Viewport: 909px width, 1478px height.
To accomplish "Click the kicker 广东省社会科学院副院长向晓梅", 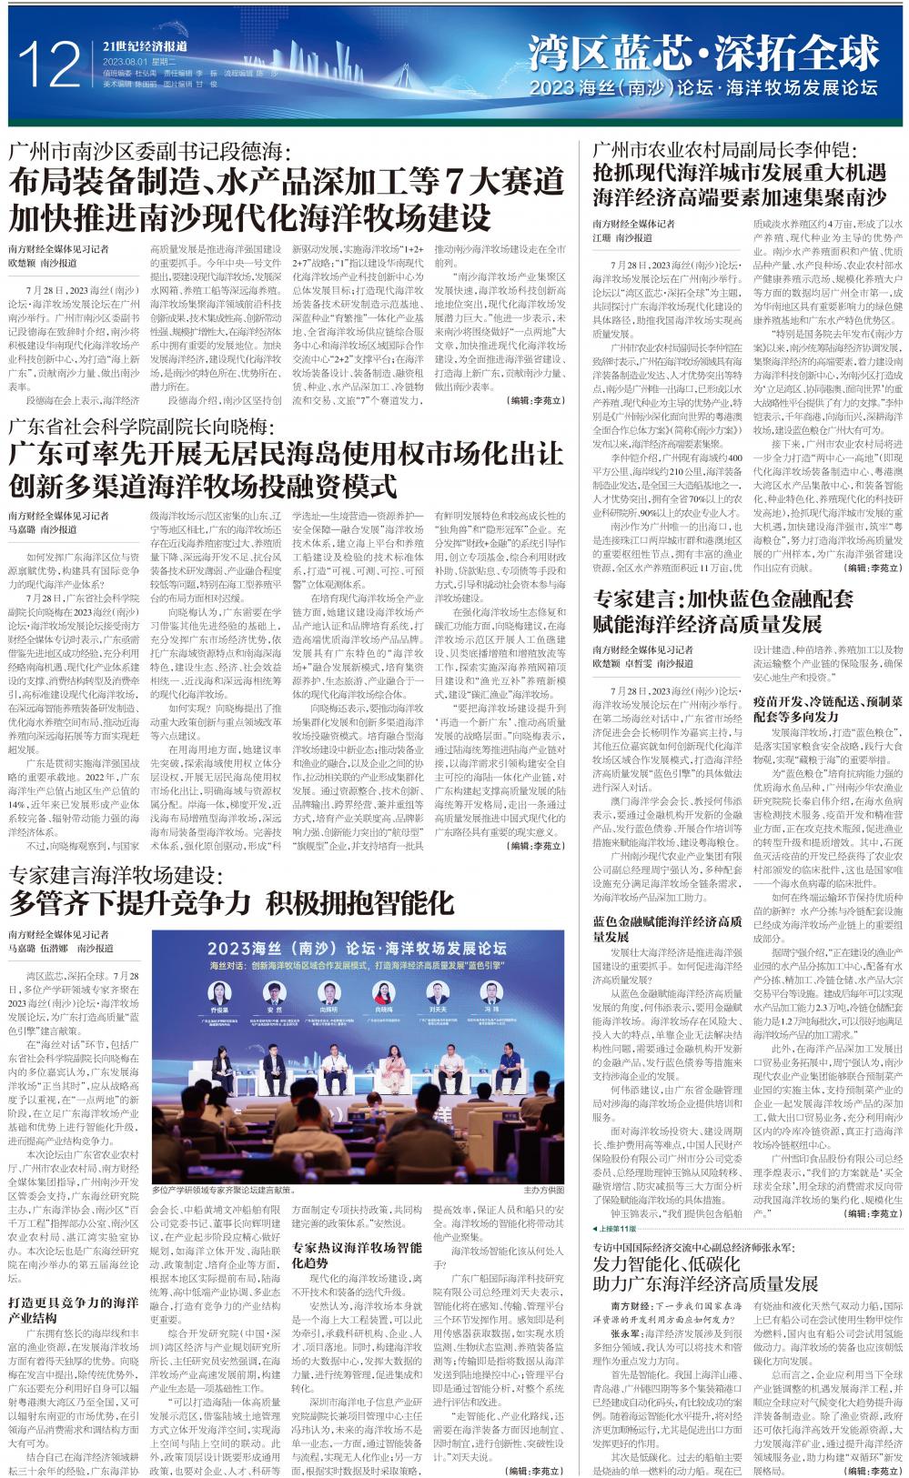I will coord(140,425).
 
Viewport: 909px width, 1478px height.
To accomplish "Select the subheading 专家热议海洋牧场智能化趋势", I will coord(357,1255).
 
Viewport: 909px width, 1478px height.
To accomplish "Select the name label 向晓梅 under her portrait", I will coord(383,1010).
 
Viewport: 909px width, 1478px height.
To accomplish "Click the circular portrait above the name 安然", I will coord(274,990).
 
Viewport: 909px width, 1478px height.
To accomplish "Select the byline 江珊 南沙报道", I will coord(622,237).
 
